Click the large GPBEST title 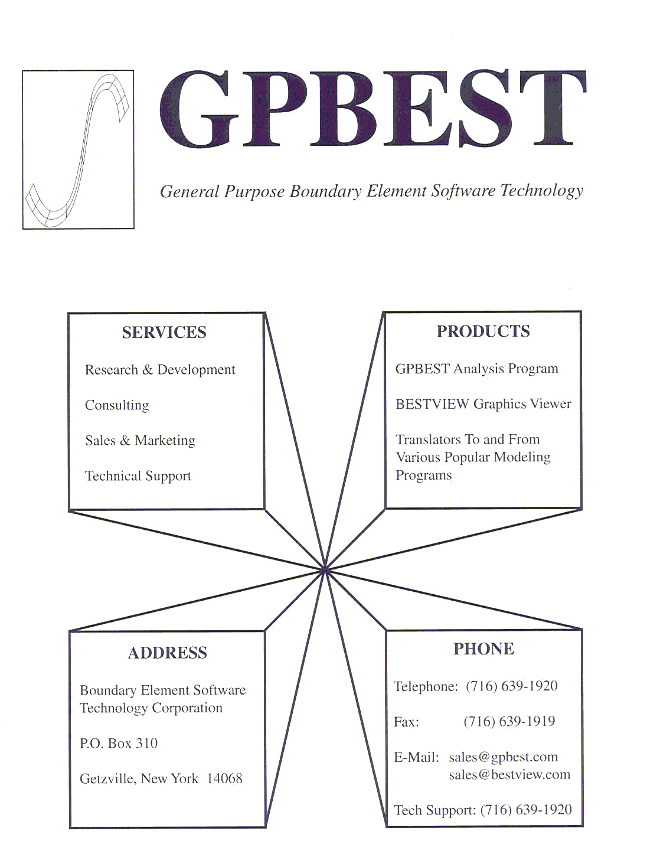[x=372, y=109]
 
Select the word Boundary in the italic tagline [x=325, y=191]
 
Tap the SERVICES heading [x=164, y=332]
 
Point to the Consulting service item [x=117, y=406]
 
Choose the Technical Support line [x=138, y=476]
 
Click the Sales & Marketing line [x=140, y=441]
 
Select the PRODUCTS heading [x=483, y=331]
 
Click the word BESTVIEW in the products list [x=432, y=404]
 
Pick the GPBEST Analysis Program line [x=477, y=369]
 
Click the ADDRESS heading [x=167, y=653]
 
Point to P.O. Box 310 [x=119, y=743]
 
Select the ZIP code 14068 [x=224, y=778]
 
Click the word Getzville [x=107, y=779]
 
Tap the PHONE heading [x=483, y=649]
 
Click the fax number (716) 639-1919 [x=509, y=721]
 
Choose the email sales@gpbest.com [x=503, y=757]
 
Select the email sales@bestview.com [x=509, y=774]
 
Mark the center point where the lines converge [x=325, y=569]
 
